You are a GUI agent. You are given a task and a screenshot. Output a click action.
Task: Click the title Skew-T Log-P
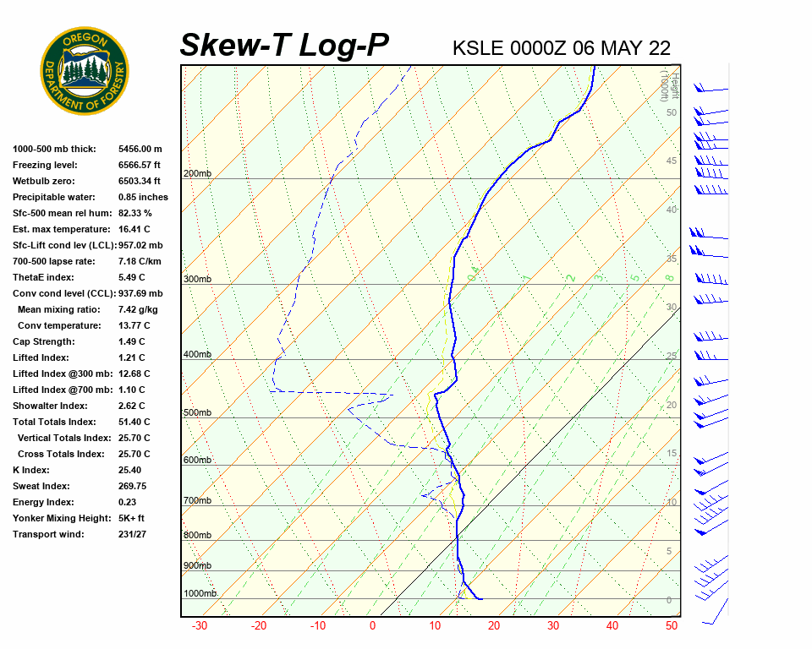284,46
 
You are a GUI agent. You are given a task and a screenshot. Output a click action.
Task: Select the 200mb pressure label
197,174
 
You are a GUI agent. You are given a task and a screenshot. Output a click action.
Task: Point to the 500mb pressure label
197,413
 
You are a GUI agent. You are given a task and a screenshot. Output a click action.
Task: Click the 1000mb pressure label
200,594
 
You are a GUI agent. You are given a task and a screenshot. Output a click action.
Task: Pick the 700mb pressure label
197,501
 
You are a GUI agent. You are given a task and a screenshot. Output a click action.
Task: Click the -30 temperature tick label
200,626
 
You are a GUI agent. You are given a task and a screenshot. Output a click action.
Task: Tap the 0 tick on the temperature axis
372,626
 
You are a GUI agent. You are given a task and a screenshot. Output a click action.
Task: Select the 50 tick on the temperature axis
672,626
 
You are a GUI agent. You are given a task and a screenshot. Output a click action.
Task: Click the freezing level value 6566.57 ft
140,165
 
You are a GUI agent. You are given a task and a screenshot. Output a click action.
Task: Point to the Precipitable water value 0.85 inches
143,197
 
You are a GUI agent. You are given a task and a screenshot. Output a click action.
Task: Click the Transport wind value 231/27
134,534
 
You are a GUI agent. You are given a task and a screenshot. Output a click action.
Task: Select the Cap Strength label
43,341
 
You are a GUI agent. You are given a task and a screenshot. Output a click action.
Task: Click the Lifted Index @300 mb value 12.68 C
134,374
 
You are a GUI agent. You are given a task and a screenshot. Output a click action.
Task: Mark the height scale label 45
672,161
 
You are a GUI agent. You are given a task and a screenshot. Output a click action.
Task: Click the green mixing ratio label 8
668,277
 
